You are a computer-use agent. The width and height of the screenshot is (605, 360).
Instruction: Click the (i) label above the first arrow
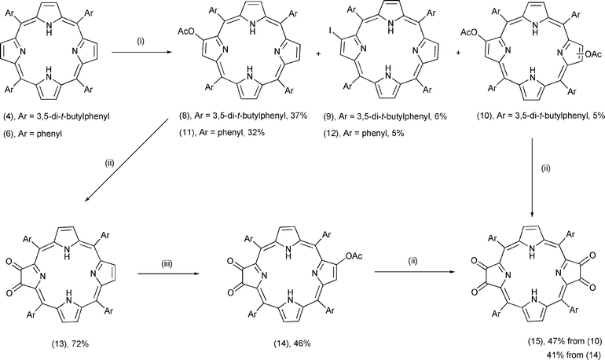tap(141, 42)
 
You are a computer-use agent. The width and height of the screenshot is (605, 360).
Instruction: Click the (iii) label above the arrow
tap(167, 264)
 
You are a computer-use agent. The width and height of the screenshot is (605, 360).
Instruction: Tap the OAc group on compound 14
tap(354, 255)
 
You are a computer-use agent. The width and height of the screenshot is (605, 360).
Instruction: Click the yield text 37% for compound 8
tap(299, 116)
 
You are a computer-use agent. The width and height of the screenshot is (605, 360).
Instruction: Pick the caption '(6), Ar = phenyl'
tap(33, 134)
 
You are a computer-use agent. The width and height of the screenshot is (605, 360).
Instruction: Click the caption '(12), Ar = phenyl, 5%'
tap(364, 133)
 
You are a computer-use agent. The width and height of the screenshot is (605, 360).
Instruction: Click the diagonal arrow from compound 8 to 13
tap(126, 160)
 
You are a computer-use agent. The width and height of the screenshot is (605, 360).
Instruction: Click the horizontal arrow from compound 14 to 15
tap(414, 272)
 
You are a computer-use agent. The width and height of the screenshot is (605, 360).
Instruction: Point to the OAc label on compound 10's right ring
tap(593, 55)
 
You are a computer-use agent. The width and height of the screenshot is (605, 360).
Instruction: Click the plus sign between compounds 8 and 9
tap(318, 54)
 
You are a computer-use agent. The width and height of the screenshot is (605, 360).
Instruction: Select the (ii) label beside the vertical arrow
tap(545, 168)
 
